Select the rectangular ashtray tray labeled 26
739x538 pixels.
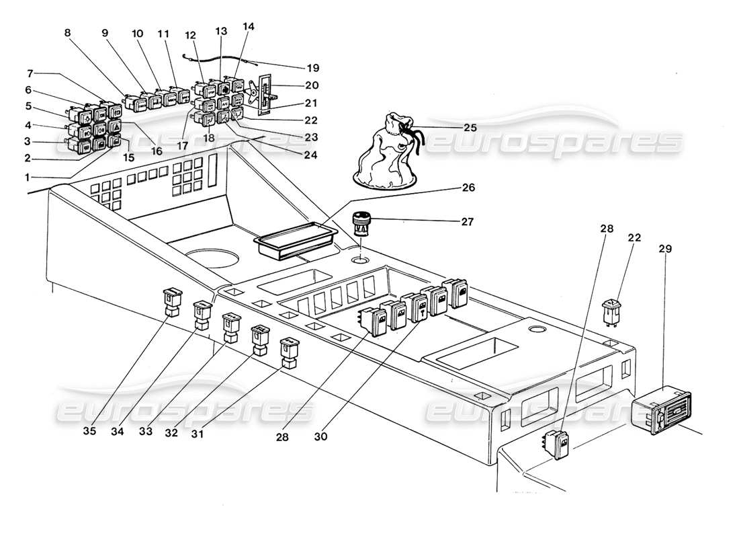(x=294, y=241)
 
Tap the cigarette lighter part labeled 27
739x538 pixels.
(x=361, y=224)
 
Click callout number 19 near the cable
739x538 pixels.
(x=312, y=68)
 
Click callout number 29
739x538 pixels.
(x=664, y=249)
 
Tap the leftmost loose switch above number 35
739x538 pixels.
(x=172, y=301)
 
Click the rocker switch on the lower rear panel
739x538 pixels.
(x=559, y=444)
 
